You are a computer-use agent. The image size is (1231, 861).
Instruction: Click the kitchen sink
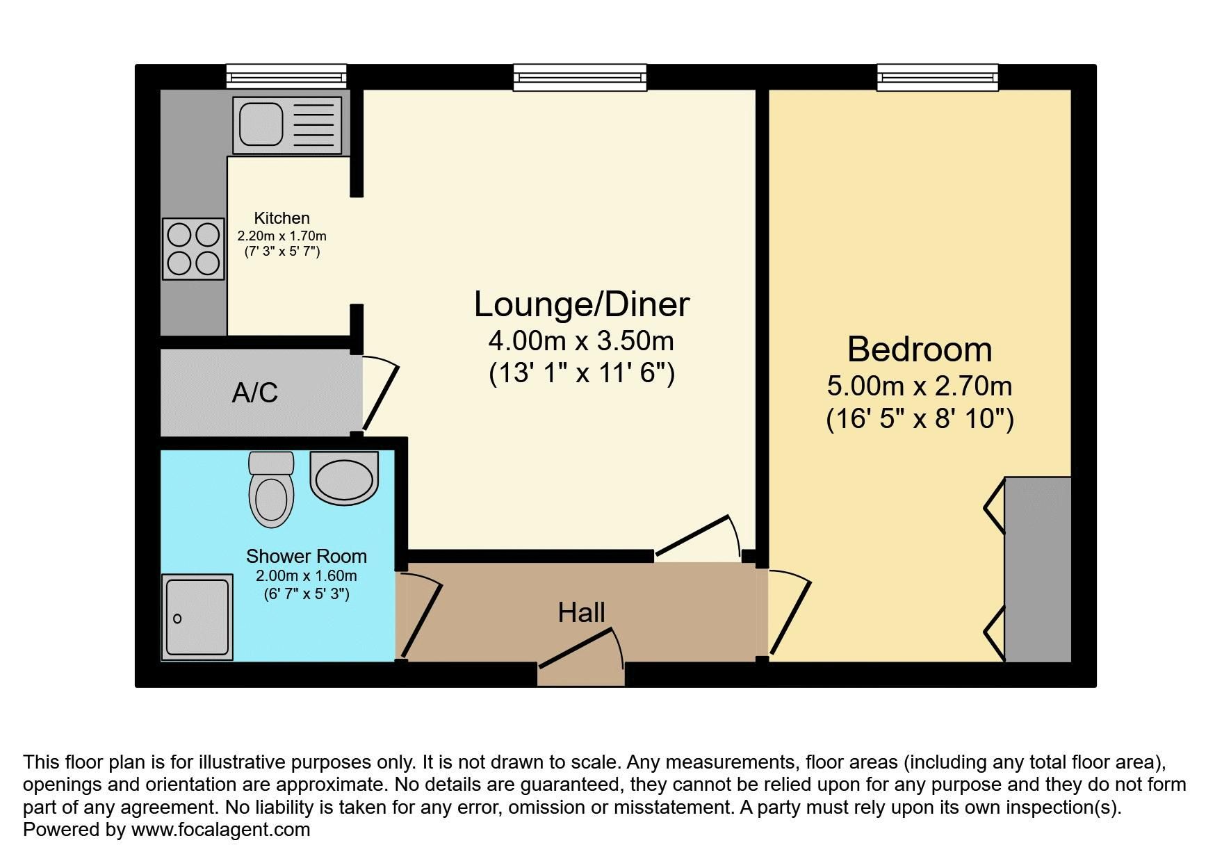(287, 125)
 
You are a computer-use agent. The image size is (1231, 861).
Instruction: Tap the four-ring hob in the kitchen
(193, 249)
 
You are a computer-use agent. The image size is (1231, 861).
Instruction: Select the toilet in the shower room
(271, 489)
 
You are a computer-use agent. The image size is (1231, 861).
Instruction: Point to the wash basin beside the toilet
(344, 477)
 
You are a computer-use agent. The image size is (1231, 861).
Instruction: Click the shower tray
(197, 617)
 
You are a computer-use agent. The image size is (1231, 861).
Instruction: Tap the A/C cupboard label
(255, 393)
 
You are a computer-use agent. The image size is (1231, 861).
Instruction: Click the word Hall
(581, 612)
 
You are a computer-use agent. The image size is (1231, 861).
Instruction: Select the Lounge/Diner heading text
(582, 304)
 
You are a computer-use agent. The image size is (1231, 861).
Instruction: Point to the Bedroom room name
(920, 349)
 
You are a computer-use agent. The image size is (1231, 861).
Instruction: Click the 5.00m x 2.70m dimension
(920, 386)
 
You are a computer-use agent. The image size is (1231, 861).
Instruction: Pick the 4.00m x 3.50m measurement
(581, 341)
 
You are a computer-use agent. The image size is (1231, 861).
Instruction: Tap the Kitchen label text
(282, 218)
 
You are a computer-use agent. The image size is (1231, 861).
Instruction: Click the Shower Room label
(307, 556)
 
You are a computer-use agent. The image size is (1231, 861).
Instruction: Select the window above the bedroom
(938, 77)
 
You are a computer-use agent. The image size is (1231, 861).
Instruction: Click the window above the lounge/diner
(580, 77)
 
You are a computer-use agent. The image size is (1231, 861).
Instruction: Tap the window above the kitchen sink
(286, 76)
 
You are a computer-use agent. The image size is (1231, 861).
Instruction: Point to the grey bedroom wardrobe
(1037, 569)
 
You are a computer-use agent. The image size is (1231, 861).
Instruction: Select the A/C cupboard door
(380, 396)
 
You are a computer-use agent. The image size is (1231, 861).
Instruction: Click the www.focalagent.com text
(220, 830)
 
